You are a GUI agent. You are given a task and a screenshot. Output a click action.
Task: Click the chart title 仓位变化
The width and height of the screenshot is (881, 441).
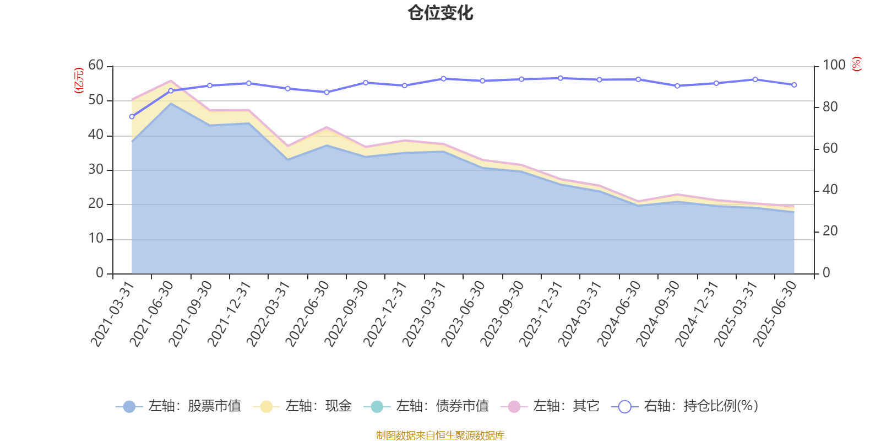440,13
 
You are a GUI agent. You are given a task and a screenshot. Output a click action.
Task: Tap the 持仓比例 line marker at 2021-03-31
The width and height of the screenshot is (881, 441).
132,117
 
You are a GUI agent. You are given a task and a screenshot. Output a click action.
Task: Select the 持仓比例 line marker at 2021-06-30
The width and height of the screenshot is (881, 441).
171,91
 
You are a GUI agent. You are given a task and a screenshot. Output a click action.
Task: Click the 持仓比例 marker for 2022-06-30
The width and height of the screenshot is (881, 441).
327,93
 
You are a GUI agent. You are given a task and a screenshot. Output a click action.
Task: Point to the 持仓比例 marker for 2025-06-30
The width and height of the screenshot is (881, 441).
794,85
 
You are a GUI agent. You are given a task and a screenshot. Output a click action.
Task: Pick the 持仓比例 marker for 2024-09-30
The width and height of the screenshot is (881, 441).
677,86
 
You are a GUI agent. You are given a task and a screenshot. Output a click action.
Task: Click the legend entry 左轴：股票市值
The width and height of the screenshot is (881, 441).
179,407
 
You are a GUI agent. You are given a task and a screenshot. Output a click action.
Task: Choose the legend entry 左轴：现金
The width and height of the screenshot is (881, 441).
302,407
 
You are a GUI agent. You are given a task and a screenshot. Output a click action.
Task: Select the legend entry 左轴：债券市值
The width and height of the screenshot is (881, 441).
427,407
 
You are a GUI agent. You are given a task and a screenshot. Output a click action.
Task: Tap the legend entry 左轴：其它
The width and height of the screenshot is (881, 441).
550,407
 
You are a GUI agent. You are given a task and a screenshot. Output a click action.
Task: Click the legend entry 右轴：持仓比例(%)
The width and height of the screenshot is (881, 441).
685,407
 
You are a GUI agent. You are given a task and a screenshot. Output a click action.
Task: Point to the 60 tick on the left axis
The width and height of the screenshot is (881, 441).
96,66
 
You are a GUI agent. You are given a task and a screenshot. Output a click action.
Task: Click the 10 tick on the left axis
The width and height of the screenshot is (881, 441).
96,239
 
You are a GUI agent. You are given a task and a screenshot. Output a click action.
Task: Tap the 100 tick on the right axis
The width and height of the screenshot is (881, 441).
834,66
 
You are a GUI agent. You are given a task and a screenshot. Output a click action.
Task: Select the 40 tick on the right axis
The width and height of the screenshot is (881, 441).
830,190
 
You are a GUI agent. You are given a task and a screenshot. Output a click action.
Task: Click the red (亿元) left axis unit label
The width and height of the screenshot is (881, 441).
79,80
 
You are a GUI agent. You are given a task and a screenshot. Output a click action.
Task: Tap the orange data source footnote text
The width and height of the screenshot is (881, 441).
440,435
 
